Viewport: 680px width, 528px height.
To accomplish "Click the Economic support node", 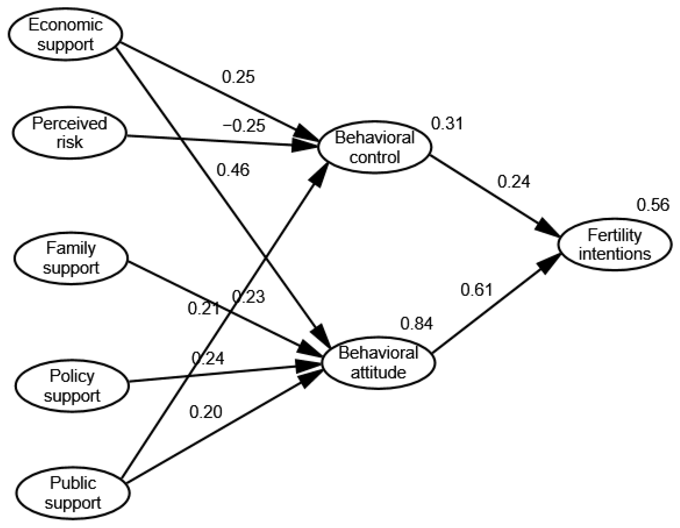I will click(x=65, y=34).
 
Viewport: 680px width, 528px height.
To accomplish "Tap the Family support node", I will click(x=71, y=258).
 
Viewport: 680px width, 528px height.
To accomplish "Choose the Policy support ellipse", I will click(x=72, y=386).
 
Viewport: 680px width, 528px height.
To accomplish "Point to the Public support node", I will click(x=73, y=493).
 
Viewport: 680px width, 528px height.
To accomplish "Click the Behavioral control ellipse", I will click(x=374, y=147).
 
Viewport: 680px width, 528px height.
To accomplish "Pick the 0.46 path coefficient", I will click(x=233, y=170).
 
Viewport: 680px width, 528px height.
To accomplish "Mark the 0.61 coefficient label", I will click(x=476, y=290).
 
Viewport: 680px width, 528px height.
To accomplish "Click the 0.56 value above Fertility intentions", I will click(x=653, y=205).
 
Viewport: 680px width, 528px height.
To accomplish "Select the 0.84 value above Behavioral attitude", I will click(x=416, y=324).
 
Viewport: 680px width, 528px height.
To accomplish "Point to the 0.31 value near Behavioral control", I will click(x=447, y=123).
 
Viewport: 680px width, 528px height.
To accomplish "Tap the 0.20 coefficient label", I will click(x=205, y=412).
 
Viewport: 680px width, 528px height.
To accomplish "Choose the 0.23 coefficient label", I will click(x=249, y=297).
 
